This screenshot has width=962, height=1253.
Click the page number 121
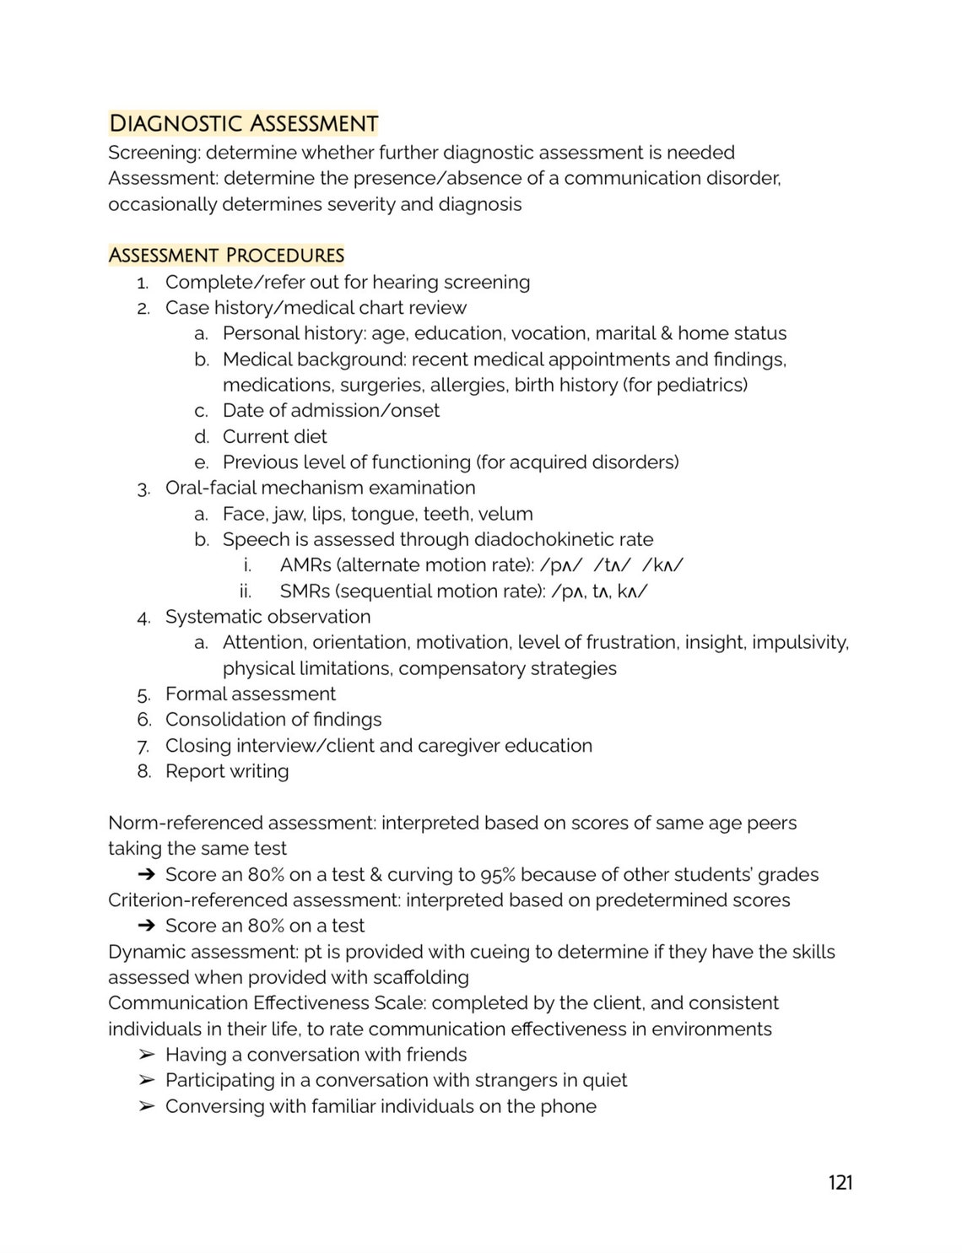840,1182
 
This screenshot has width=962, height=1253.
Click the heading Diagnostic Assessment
243,124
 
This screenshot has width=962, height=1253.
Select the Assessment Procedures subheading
226,255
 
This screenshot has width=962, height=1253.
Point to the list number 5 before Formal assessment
143,694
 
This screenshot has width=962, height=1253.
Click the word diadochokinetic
544,539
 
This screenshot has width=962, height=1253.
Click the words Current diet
274,436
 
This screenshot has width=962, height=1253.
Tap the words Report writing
227,771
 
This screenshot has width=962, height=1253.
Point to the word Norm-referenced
176,823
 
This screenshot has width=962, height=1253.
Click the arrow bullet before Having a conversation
147,1055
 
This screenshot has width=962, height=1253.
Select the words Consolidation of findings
273,720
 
